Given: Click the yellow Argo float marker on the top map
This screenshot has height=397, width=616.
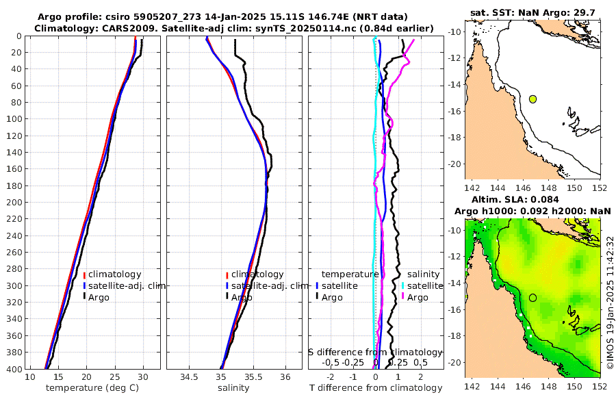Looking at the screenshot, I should (533, 99).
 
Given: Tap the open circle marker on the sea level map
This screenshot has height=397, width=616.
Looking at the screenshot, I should (533, 298).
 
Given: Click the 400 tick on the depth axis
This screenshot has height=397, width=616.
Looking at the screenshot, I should (14, 369).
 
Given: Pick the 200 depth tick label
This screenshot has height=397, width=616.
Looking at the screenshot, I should (14, 203).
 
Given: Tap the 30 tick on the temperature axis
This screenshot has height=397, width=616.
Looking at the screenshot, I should (143, 376).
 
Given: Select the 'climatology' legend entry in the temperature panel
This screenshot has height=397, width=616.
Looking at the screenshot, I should (114, 274).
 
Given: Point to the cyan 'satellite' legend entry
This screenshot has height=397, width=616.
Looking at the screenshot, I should (426, 285).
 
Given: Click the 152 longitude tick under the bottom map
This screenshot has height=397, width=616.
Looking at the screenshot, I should (600, 387).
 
